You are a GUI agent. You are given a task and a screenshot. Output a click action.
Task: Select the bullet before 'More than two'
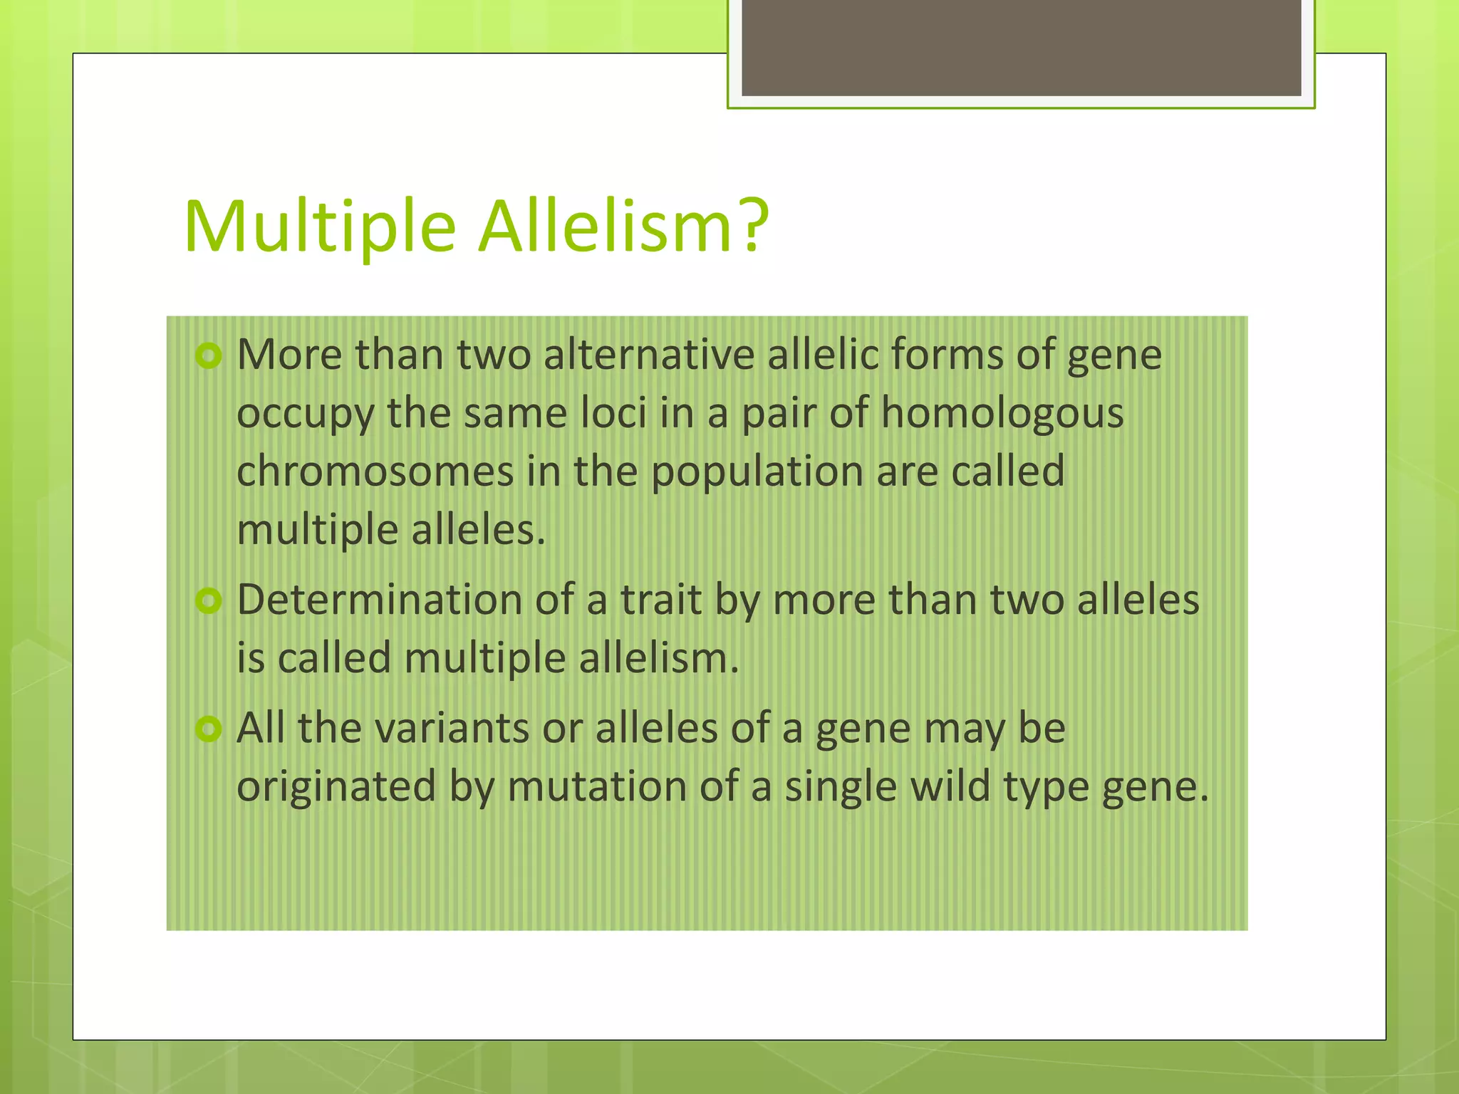click(209, 355)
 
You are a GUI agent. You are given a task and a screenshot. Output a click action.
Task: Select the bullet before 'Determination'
click(209, 600)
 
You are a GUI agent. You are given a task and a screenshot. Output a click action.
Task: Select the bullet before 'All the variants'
click(209, 729)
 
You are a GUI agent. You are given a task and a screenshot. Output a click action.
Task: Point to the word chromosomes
click(375, 472)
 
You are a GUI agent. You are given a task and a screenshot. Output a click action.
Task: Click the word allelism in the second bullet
click(658, 657)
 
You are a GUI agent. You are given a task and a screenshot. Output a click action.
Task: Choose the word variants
click(452, 729)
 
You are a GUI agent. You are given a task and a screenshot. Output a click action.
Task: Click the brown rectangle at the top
click(1021, 47)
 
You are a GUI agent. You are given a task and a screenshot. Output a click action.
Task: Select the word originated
click(336, 787)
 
